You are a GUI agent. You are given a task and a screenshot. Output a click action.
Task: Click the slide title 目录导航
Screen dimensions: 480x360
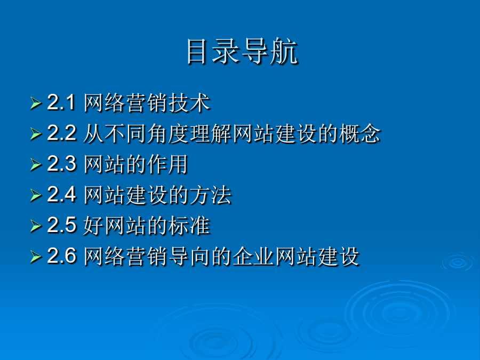tap(242, 51)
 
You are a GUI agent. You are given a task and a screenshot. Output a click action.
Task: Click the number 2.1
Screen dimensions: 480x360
tap(61, 102)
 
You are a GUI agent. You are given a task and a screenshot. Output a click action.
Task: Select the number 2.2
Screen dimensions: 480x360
tap(61, 133)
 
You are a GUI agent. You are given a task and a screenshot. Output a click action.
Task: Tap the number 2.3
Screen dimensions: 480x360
tap(61, 164)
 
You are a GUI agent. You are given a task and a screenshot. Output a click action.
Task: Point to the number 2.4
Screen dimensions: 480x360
tap(61, 194)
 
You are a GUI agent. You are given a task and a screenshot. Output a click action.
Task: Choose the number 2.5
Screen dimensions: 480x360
tap(61, 225)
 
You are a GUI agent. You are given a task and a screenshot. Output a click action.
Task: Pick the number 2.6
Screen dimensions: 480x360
tap(61, 255)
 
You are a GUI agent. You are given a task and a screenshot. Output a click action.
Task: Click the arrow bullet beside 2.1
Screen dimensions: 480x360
tap(36, 103)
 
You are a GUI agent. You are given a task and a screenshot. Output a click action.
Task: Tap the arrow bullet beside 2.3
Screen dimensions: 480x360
tap(36, 165)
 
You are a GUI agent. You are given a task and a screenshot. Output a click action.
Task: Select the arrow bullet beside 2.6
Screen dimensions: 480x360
tap(36, 257)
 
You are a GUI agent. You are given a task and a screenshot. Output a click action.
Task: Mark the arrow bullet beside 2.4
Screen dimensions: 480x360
tap(36, 195)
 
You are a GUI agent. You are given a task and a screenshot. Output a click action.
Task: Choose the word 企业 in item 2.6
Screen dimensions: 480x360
tap(253, 256)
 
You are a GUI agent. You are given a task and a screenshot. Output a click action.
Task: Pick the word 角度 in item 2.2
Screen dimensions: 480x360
tap(168, 133)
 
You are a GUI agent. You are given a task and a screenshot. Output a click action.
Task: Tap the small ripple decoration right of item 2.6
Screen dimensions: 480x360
tap(458, 262)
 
